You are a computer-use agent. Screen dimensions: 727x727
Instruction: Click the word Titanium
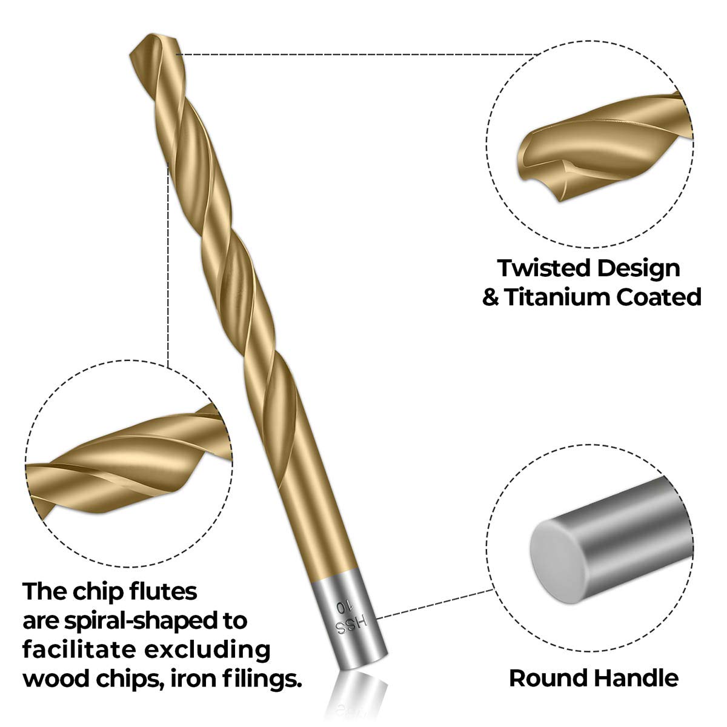point(557,297)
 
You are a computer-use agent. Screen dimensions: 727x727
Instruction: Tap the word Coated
point(659,297)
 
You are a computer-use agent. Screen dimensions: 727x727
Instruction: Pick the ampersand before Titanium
point(491,297)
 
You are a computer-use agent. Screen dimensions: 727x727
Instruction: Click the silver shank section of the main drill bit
point(351,623)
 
